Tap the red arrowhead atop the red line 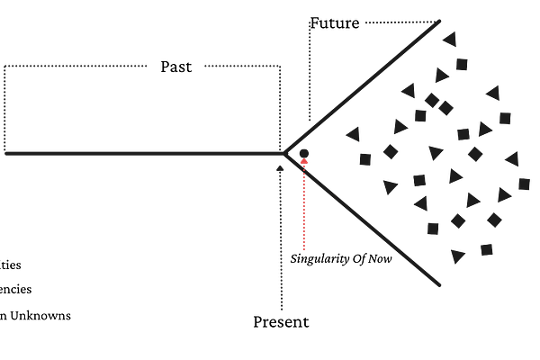coord(304,163)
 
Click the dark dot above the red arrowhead coord(304,152)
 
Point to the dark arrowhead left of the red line coord(281,168)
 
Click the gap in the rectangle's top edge coord(176,66)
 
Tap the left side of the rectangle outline coord(4,108)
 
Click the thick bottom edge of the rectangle coord(144,153)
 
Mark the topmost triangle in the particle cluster coord(448,39)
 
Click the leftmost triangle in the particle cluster coord(353,134)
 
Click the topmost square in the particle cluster coord(462,64)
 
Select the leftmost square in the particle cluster coord(365,159)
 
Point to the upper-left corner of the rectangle coord(4,66)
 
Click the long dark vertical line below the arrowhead coord(282,243)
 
